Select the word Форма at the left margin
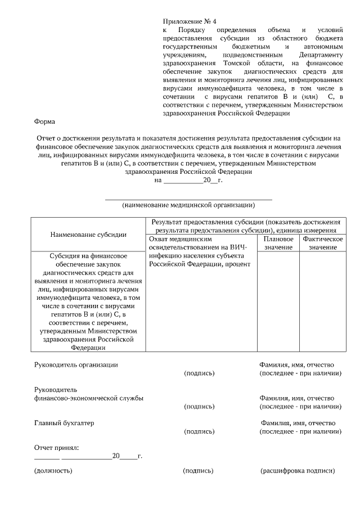pos(44,121)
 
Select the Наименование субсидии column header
pos(88,234)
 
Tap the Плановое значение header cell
pos(278,243)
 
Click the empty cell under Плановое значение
pos(278,301)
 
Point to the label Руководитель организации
pos(76,364)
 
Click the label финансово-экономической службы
pos(88,398)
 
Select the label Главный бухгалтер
pos(64,423)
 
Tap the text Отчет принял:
pos(56,448)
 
